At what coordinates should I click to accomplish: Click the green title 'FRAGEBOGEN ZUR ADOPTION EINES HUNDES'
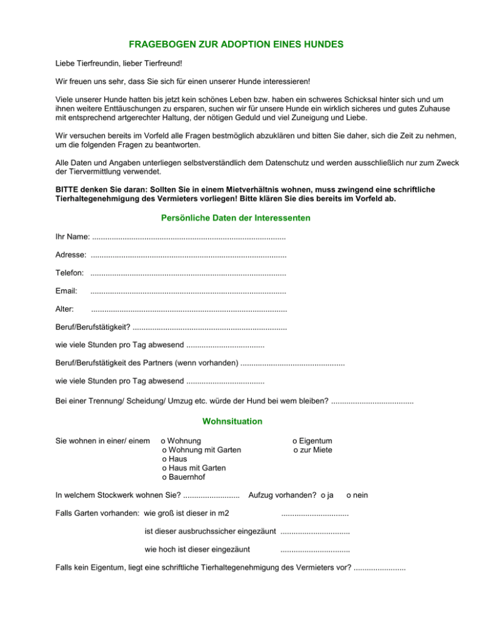point(240,45)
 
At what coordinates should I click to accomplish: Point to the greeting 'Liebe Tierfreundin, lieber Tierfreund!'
point(118,64)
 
